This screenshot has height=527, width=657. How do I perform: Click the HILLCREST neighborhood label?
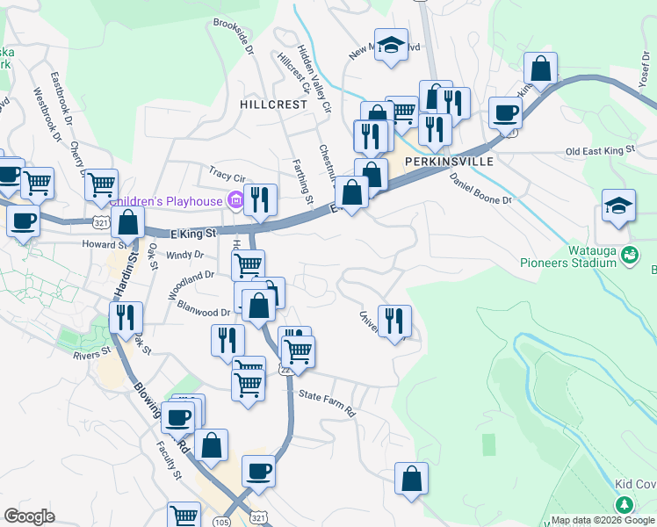pyautogui.click(x=273, y=104)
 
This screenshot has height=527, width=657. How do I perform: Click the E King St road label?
pyautogui.click(x=192, y=233)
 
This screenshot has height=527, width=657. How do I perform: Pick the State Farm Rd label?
pyautogui.click(x=326, y=403)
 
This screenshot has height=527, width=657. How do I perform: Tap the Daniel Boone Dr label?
pyautogui.click(x=480, y=188)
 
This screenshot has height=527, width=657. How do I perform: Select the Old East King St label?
pyautogui.click(x=600, y=151)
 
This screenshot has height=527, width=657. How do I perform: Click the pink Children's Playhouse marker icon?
pyautogui.click(x=235, y=201)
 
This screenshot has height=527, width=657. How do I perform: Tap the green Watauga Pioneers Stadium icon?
pyautogui.click(x=629, y=255)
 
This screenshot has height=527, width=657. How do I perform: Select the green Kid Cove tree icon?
pyautogui.click(x=625, y=505)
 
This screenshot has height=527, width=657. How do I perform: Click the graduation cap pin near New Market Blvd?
pyautogui.click(x=391, y=45)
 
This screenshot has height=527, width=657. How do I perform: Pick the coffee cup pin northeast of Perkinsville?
pyautogui.click(x=505, y=112)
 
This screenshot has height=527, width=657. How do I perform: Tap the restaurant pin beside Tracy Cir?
pyautogui.click(x=260, y=199)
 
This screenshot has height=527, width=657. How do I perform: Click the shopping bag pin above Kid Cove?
pyautogui.click(x=411, y=479)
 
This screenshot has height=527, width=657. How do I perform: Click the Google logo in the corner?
pyautogui.click(x=29, y=516)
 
